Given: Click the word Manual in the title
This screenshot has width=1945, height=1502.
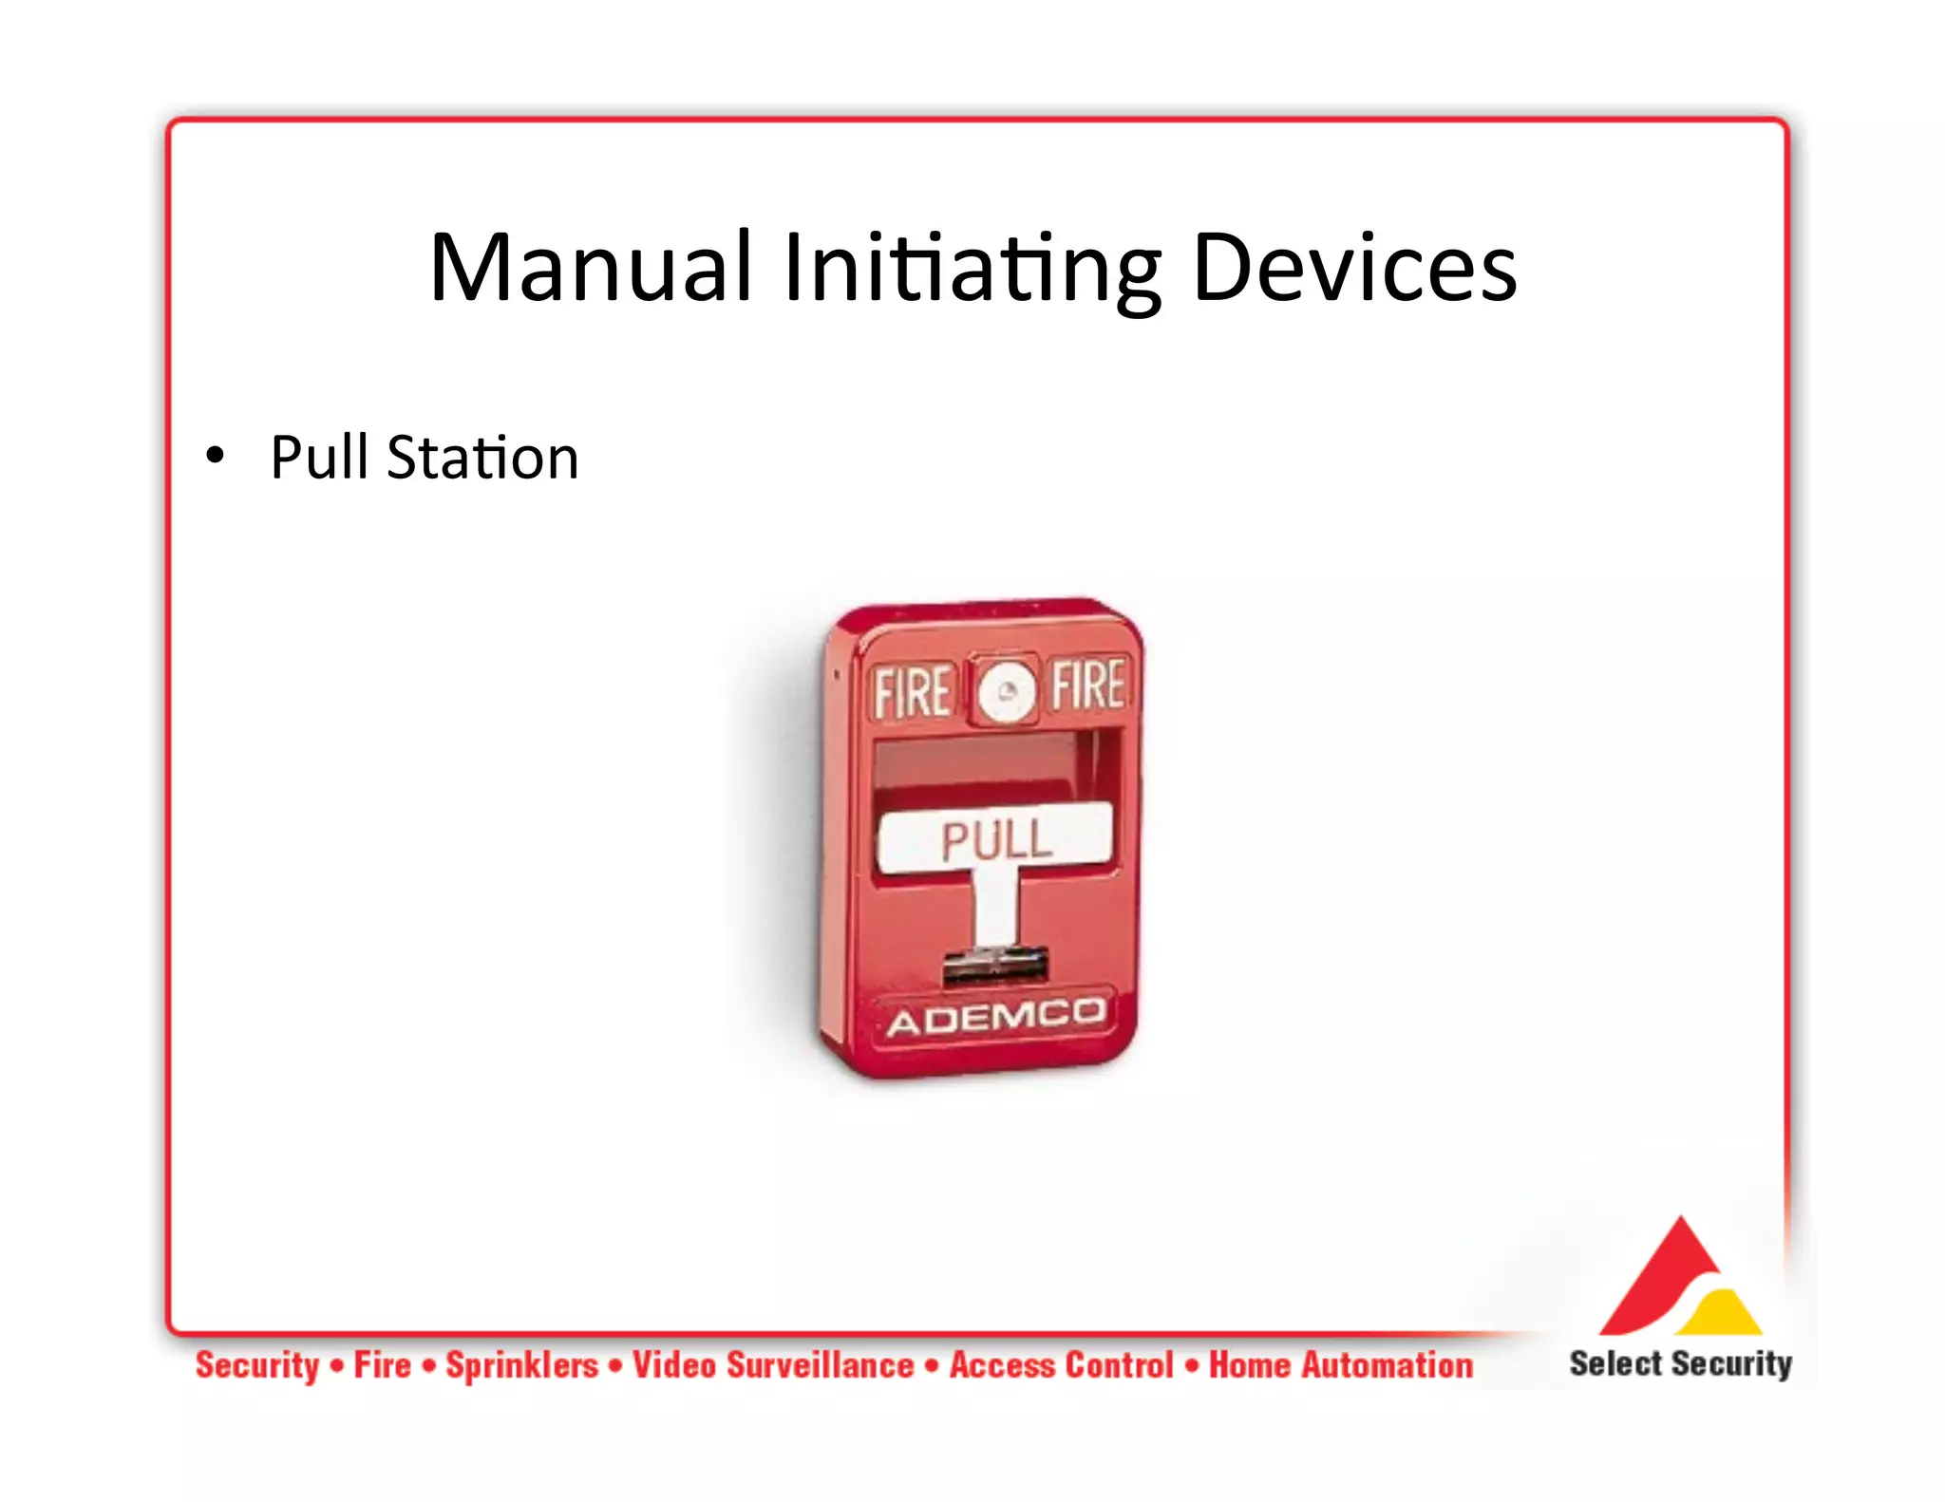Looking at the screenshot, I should point(591,269).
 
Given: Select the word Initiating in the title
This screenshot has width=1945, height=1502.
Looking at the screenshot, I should point(972,269).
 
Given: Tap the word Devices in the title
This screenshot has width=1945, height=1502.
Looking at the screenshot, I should point(1353,269).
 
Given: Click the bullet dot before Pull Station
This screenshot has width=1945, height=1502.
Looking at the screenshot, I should point(216,457).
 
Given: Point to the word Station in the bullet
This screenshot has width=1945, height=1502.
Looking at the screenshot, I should point(482,458).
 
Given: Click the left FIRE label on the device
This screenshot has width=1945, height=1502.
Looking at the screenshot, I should point(911,692).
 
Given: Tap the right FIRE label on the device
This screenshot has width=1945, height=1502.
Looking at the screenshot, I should point(1087,685).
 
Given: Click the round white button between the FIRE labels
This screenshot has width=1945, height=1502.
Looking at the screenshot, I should point(1006,691).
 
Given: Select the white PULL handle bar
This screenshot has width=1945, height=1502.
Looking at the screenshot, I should point(995,837).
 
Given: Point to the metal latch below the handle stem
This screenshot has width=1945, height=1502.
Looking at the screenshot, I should point(994,967).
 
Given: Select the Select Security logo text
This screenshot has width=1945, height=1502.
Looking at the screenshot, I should point(1679,1363).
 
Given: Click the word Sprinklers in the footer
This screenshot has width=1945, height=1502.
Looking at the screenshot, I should point(522,1365).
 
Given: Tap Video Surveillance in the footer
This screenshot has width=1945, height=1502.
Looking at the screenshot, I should point(773,1365).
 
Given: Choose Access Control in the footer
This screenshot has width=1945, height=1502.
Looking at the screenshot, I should point(1062,1365).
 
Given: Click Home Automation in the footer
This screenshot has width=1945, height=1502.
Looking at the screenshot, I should point(1340,1365).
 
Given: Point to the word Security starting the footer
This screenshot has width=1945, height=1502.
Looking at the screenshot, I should point(257,1365).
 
